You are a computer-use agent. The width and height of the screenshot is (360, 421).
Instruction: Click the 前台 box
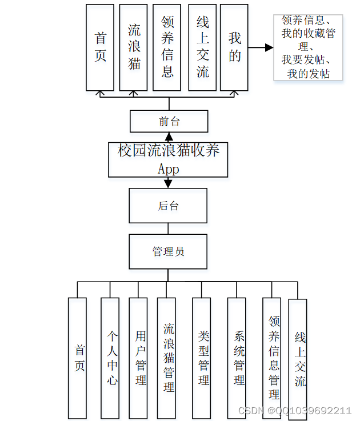point(169,121)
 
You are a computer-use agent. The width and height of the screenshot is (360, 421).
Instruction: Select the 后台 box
point(168,206)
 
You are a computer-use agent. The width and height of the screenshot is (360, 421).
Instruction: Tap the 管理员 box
point(168,251)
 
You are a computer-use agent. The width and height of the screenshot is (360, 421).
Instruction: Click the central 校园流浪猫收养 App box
point(168,159)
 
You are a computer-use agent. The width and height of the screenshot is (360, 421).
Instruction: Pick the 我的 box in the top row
point(234,47)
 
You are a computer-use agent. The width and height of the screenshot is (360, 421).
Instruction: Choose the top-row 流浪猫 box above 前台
point(134,47)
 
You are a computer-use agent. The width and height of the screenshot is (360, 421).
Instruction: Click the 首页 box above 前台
point(100,47)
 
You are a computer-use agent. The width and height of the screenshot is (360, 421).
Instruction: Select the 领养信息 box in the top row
point(167,47)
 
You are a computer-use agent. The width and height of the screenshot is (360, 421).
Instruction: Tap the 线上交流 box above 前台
point(202,47)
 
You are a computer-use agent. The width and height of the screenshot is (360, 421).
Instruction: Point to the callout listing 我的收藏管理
point(309,47)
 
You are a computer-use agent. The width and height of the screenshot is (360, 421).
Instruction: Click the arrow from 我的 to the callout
point(261,48)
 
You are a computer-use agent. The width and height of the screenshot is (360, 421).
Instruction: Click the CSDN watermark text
point(294,411)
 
